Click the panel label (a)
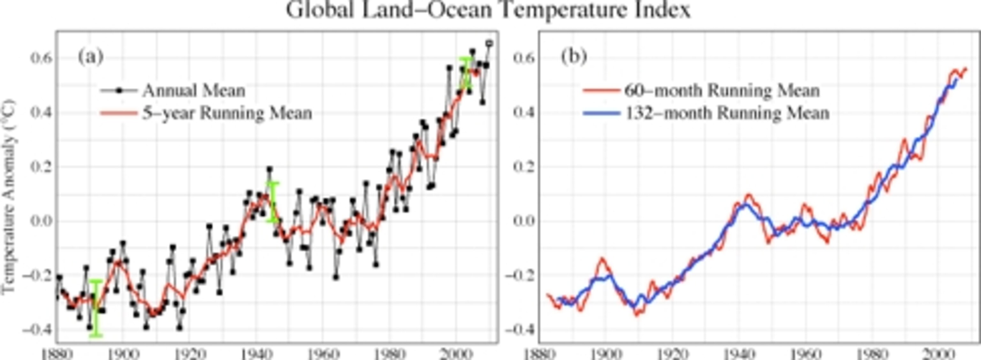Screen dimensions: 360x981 [91, 57]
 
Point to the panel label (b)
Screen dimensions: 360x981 [574, 57]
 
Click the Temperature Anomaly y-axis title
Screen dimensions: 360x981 [8, 196]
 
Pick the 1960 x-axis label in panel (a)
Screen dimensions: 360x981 [322, 354]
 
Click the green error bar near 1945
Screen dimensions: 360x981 [273, 202]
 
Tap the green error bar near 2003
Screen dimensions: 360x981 [465, 73]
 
